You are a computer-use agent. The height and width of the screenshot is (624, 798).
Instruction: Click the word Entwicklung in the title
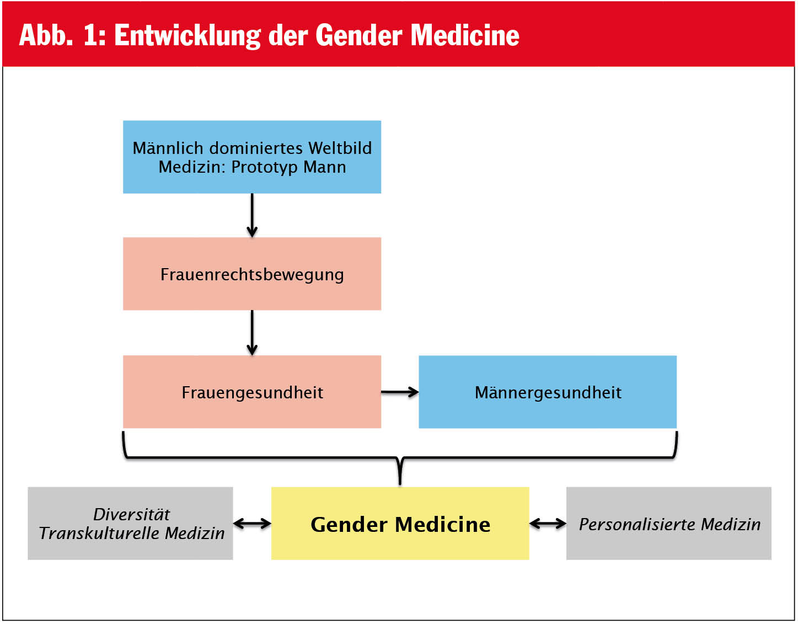pyautogui.click(x=188, y=36)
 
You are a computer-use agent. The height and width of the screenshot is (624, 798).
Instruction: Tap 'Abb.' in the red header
pyautogui.click(x=46, y=35)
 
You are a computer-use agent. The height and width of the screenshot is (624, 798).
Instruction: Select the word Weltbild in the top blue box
pyautogui.click(x=340, y=148)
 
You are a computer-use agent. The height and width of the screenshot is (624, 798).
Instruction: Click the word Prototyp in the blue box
pyautogui.click(x=264, y=168)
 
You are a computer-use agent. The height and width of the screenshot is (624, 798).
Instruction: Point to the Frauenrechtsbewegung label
pyautogui.click(x=252, y=275)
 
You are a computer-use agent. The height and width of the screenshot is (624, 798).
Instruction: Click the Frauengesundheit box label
pyautogui.click(x=252, y=393)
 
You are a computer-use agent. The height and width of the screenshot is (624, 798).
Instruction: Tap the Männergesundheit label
pyautogui.click(x=548, y=393)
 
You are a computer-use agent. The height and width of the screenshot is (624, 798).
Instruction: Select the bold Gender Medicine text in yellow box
pyautogui.click(x=400, y=525)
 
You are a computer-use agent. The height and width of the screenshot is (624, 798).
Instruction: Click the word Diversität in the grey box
pyautogui.click(x=131, y=514)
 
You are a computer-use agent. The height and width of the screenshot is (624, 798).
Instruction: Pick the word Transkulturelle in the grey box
pyautogui.click(x=99, y=534)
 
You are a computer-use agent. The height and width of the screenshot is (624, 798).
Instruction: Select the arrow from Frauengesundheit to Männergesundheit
pyautogui.click(x=400, y=392)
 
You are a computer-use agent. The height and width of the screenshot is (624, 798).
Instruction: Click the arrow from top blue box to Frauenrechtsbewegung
pyautogui.click(x=252, y=215)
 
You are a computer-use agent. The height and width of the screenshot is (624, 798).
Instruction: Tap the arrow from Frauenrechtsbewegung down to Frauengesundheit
pyautogui.click(x=252, y=333)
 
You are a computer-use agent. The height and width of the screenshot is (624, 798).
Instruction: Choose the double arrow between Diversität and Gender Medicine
pyautogui.click(x=252, y=524)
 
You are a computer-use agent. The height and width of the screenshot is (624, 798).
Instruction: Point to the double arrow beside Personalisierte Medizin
pyautogui.click(x=548, y=524)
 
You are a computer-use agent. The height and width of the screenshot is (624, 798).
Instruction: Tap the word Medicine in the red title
pyautogui.click(x=465, y=36)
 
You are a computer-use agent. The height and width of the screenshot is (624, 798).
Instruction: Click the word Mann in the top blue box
pyautogui.click(x=325, y=167)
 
